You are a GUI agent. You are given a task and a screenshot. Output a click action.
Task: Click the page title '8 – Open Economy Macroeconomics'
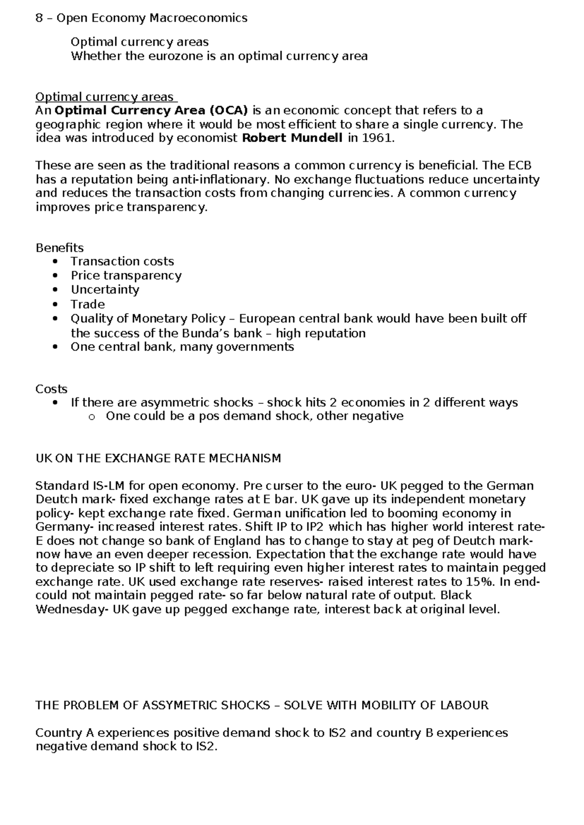point(142,18)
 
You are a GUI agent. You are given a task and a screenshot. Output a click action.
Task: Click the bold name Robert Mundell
point(292,138)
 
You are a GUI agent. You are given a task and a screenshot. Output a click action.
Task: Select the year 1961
point(376,138)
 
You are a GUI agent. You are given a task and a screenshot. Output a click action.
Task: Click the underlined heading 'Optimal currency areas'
point(105,97)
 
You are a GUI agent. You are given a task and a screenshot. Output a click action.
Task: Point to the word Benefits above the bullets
point(59,248)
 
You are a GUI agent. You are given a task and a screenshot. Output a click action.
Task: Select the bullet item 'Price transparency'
point(126,275)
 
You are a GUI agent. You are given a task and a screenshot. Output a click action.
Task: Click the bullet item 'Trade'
point(88,304)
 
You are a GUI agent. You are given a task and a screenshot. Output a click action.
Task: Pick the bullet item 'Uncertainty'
point(105,289)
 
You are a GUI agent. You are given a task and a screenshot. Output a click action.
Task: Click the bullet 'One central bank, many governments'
point(182,347)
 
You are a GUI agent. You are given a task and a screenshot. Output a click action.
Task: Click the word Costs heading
point(51,389)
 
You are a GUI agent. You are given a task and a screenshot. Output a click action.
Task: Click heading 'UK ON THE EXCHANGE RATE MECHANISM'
point(158,458)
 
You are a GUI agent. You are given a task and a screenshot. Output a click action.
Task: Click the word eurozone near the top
point(175,56)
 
